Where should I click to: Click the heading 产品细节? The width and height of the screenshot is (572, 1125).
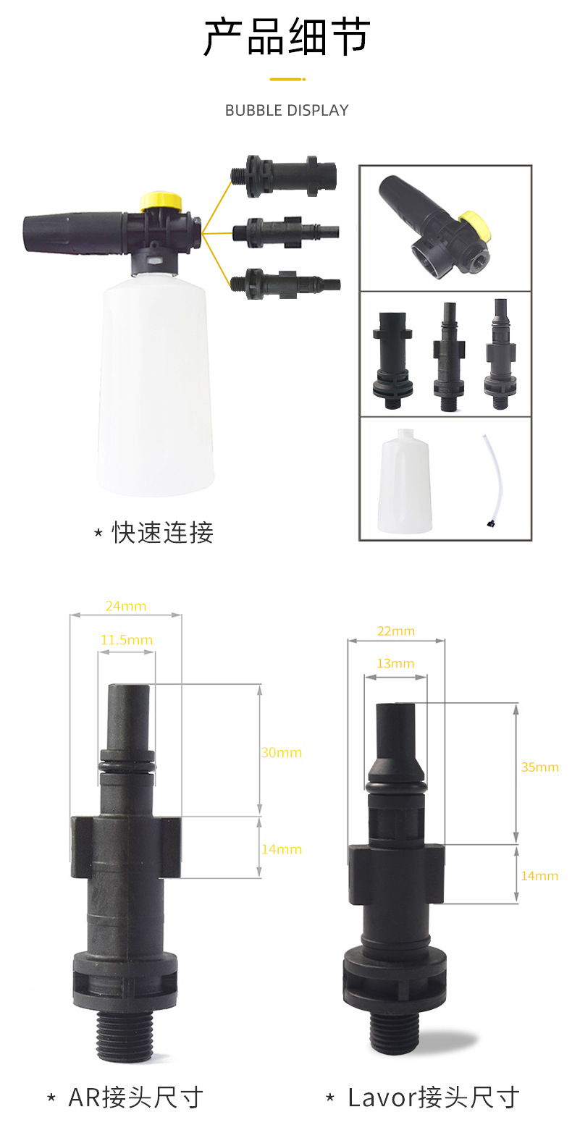tap(287, 38)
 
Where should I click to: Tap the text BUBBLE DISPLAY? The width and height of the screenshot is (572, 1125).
tap(287, 111)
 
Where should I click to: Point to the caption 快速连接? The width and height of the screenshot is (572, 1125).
tap(162, 533)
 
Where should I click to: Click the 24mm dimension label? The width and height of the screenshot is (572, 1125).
tap(125, 606)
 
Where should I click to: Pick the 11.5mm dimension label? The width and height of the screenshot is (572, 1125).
tap(127, 640)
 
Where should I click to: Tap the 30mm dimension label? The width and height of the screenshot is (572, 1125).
tap(281, 752)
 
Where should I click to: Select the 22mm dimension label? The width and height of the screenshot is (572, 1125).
tap(396, 631)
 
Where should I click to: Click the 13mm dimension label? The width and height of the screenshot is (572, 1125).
tap(395, 663)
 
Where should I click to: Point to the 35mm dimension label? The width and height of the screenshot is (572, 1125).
tap(539, 767)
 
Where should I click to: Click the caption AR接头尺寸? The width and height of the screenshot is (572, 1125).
tap(135, 1097)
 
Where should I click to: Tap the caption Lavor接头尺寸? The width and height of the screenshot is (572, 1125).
tap(433, 1097)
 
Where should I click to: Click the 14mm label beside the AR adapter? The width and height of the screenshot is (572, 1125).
tap(281, 849)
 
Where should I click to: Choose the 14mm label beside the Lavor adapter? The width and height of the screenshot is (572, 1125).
tap(539, 875)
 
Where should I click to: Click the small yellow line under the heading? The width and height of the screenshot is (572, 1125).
tap(287, 78)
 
